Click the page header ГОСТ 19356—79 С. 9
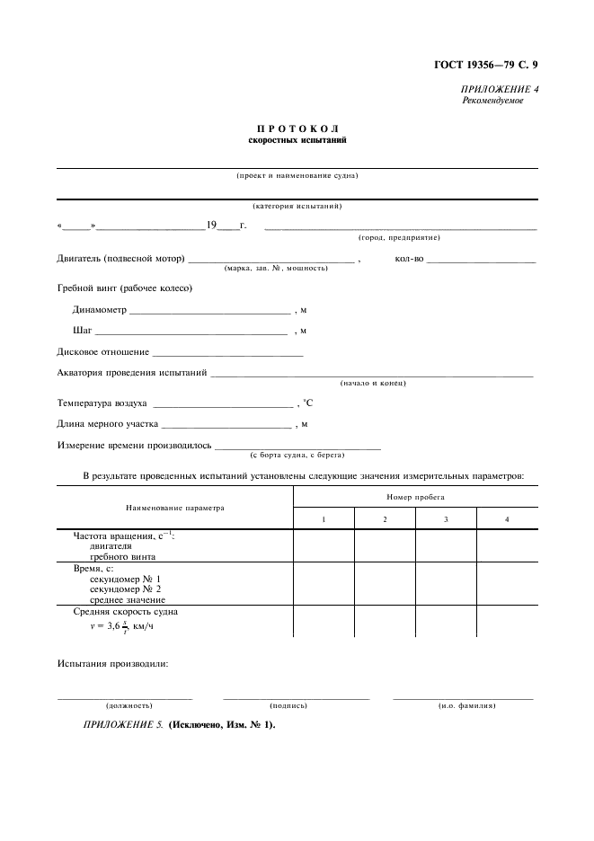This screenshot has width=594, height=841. click(485, 64)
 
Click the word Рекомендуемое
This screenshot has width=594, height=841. click(492, 101)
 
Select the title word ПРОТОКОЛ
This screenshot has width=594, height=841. click(297, 130)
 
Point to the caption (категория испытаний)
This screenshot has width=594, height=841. click(297, 206)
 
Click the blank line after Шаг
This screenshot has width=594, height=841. click(191, 333)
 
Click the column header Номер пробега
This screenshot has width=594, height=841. click(416, 496)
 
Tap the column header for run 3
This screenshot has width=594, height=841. click(446, 520)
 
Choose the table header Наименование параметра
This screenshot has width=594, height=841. click(174, 508)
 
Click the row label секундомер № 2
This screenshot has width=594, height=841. click(126, 589)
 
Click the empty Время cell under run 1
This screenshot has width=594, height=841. click(324, 584)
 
